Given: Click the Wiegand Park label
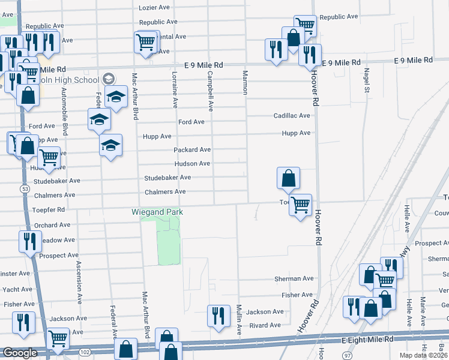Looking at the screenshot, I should tap(157, 212).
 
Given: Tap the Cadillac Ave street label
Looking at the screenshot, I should tap(292, 116).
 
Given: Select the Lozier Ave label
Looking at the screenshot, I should tap(155, 8).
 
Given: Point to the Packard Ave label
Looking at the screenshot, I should tap(192, 149).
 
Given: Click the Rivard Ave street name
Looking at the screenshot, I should tap(265, 325).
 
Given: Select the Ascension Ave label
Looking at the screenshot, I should tap(79, 283).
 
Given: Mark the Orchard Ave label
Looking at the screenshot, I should tap(54, 226).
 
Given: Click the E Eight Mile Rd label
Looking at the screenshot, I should tap(367, 339).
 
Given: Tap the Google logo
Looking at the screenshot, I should tap(19, 353).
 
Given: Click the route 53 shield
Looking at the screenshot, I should tap(25, 188).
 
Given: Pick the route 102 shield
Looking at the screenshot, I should tap(85, 352).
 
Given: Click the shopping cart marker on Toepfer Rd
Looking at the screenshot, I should tap(300, 205).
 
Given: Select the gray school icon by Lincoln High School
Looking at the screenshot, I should tap(109, 78).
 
